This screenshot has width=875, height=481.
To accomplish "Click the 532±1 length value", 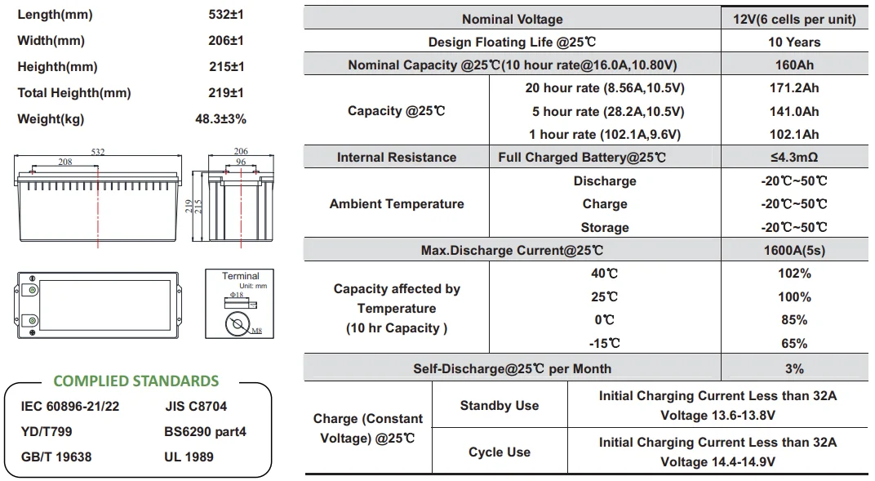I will point(226,15).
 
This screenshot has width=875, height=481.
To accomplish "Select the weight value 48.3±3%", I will point(220,119).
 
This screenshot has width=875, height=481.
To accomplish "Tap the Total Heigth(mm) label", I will point(74,93).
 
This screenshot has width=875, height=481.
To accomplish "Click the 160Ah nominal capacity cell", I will point(794,65).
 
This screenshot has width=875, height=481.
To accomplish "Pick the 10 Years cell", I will point(794,42).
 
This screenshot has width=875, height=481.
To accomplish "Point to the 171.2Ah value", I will point(794,88).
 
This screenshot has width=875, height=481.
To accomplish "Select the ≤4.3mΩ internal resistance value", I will point(794,158).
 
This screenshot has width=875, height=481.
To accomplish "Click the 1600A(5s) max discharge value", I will point(794,251).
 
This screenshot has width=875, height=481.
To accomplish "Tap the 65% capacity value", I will point(794,344).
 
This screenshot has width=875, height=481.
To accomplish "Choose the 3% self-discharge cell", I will point(794,369).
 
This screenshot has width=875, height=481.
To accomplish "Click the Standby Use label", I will point(500,406).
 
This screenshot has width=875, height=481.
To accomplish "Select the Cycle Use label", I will point(500,452).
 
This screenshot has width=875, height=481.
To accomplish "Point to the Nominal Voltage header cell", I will point(512,19).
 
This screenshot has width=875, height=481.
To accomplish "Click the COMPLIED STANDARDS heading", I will point(136,381).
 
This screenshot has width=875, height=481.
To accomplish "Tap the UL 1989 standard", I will point(189,457).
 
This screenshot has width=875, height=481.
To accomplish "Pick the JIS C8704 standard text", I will point(196,406).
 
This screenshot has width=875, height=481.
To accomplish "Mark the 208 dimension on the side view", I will point(65,162).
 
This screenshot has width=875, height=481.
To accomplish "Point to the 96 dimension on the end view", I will point(241,162).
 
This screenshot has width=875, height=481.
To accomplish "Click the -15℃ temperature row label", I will point(605,344).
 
